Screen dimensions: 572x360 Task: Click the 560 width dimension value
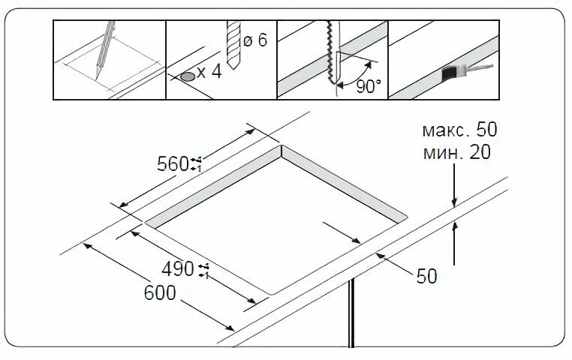(x=173, y=164)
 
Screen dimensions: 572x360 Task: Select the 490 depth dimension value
(x=178, y=269)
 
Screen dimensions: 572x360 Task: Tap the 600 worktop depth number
(x=160, y=292)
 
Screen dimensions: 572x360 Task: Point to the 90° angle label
(x=369, y=86)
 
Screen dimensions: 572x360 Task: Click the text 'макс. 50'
(x=459, y=130)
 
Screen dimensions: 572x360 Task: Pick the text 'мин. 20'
(x=456, y=153)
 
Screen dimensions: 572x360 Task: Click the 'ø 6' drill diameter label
(x=255, y=40)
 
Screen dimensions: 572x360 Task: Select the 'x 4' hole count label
(x=209, y=72)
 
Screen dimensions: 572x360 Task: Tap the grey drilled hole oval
(x=188, y=76)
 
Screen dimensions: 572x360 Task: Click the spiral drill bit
(x=233, y=44)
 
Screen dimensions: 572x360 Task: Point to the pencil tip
(x=96, y=78)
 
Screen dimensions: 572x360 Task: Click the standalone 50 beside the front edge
(x=426, y=277)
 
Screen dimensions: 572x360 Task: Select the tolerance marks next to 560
(x=196, y=164)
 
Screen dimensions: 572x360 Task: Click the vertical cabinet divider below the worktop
(x=351, y=313)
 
